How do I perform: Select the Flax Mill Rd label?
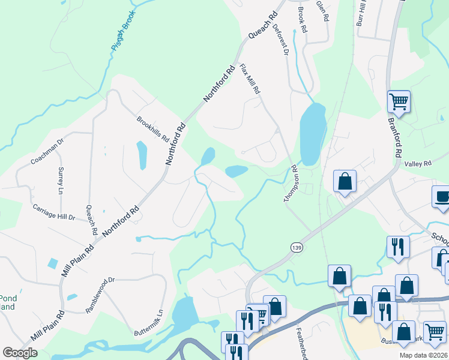pyautogui.click(x=250, y=79)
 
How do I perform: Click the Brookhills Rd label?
pyautogui.click(x=152, y=128)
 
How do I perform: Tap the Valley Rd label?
pyautogui.click(x=418, y=163)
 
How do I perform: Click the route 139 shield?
pyautogui.click(x=295, y=247)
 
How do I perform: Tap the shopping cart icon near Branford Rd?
pyautogui.click(x=399, y=102)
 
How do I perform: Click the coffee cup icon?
pyautogui.click(x=442, y=197)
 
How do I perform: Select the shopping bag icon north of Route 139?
pyautogui.click(x=345, y=181)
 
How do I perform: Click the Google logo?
pyautogui.click(x=20, y=353)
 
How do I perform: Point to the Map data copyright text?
pyautogui.click(x=424, y=355)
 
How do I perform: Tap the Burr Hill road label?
pyautogui.click(x=361, y=13)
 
